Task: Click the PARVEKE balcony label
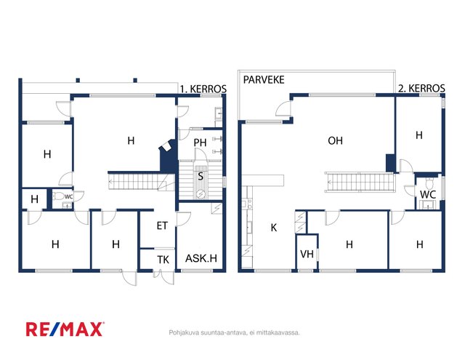coord(264,80)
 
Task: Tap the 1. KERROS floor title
coord(203,89)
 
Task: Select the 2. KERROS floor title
coord(421,88)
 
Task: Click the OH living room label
coord(335,140)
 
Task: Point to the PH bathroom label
coord(200,143)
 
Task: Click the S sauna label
coord(201,176)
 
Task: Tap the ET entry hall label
coord(162,226)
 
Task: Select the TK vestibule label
coord(163,260)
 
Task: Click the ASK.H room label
coord(201,258)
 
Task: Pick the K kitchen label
coord(274,228)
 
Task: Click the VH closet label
coord(307,254)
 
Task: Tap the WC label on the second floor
coord(428,195)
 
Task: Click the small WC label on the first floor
coord(68,197)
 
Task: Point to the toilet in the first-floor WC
coord(58,196)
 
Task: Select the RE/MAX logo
coord(65,329)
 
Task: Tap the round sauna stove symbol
coord(201,194)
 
